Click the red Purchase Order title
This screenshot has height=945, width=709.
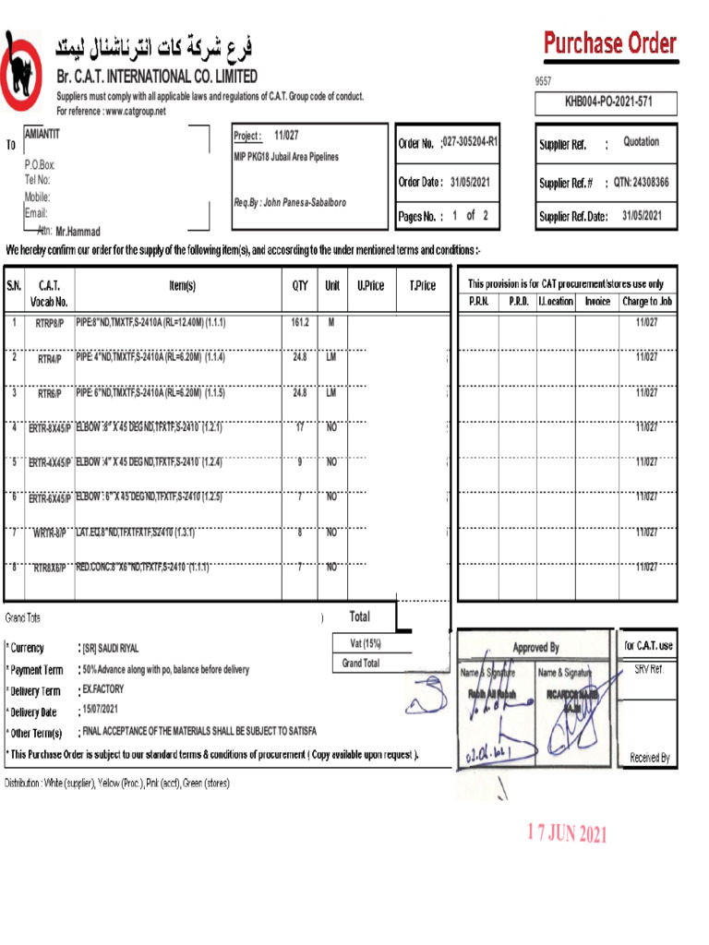(609, 43)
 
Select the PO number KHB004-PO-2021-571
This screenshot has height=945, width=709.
(608, 103)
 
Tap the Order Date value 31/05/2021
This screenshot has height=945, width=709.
(470, 182)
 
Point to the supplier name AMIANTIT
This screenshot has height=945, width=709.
(42, 134)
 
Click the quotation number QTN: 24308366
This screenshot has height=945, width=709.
(642, 183)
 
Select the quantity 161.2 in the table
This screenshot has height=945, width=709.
(299, 323)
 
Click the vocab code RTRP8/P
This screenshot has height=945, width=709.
(50, 324)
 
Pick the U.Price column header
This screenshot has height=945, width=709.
(370, 286)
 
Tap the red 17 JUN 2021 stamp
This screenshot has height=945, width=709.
(567, 833)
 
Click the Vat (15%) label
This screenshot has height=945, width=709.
(366, 643)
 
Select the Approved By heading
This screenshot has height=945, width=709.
(535, 648)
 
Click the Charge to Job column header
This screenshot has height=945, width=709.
(647, 302)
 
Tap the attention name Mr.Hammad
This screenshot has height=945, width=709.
(78, 232)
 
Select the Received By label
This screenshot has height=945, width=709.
(650, 758)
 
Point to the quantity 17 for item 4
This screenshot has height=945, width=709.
(299, 427)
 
